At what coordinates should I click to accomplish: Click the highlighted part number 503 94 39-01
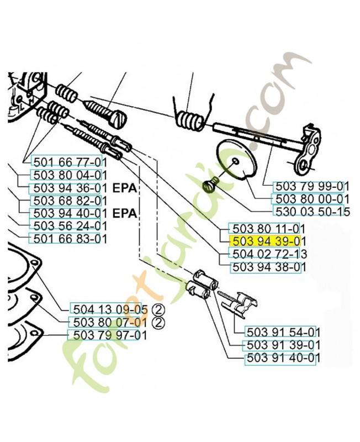tap(267, 241)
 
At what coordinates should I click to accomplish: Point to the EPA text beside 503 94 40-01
tap(125, 214)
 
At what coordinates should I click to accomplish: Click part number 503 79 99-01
tap(312, 187)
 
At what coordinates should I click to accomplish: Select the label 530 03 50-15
tap(312, 212)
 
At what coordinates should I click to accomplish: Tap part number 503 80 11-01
tap(267, 228)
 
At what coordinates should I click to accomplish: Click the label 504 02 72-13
tap(269, 254)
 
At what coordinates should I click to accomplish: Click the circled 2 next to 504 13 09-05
tap(158, 311)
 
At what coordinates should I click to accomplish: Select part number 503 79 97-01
tap(110, 335)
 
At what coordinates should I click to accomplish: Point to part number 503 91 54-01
tap(283, 333)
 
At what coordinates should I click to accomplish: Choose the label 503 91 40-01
tap(283, 358)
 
